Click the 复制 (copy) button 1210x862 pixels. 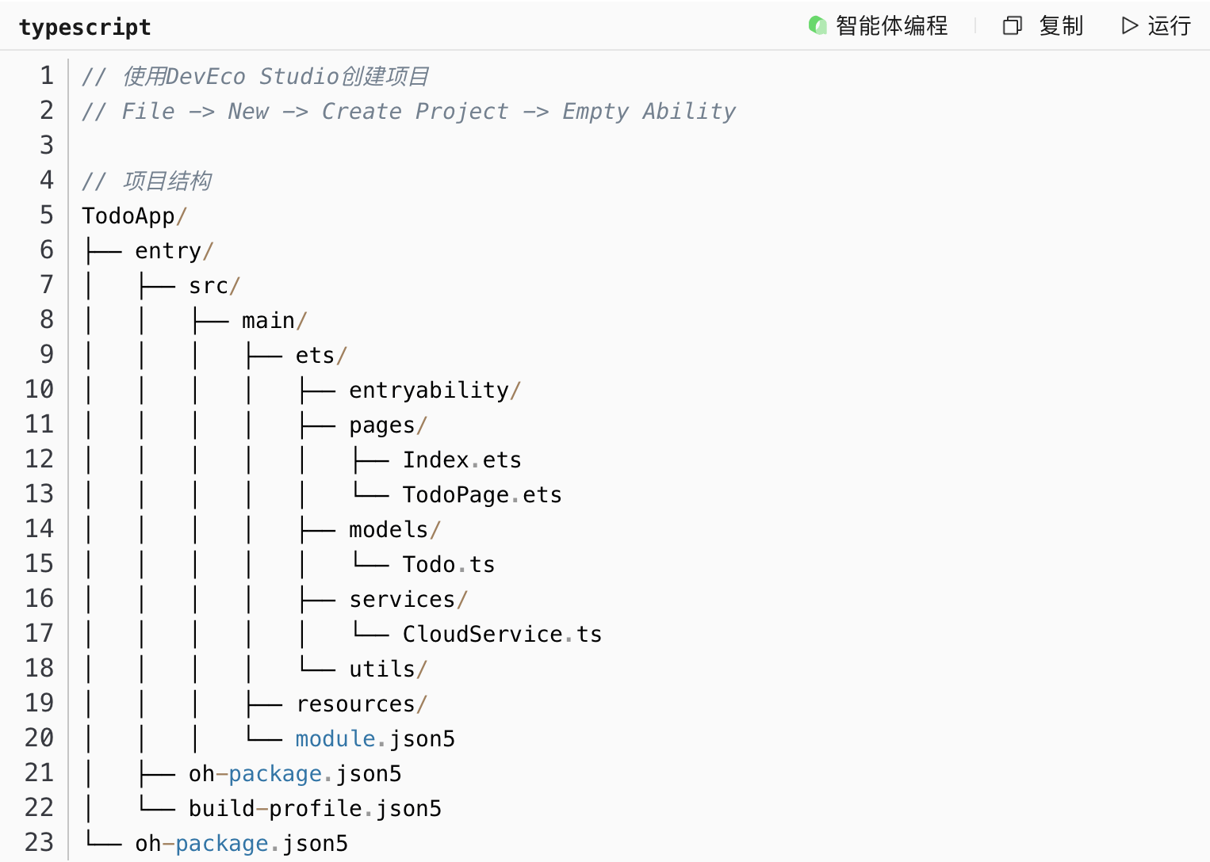[x=1043, y=26]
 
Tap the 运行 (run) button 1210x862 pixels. [x=1157, y=26]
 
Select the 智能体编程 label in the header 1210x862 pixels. [x=879, y=26]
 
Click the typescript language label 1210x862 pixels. [x=85, y=28]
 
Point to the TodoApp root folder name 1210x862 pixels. [x=128, y=215]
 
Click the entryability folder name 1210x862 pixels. [x=429, y=390]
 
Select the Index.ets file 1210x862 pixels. [x=461, y=460]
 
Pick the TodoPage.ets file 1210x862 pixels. [x=481, y=494]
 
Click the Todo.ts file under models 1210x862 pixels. [x=448, y=564]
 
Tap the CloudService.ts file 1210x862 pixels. [x=501, y=634]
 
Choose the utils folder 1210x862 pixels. [x=382, y=669]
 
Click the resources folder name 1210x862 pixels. [x=356, y=704]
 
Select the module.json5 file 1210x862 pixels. [x=375, y=738]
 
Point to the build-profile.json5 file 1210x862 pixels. [x=315, y=808]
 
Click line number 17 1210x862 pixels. [x=39, y=633]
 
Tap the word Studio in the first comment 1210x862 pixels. [x=299, y=76]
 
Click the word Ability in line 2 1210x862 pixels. [x=688, y=111]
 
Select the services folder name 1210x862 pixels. [x=402, y=599]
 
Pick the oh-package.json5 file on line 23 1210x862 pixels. [x=241, y=843]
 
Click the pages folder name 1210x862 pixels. [x=382, y=425]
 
